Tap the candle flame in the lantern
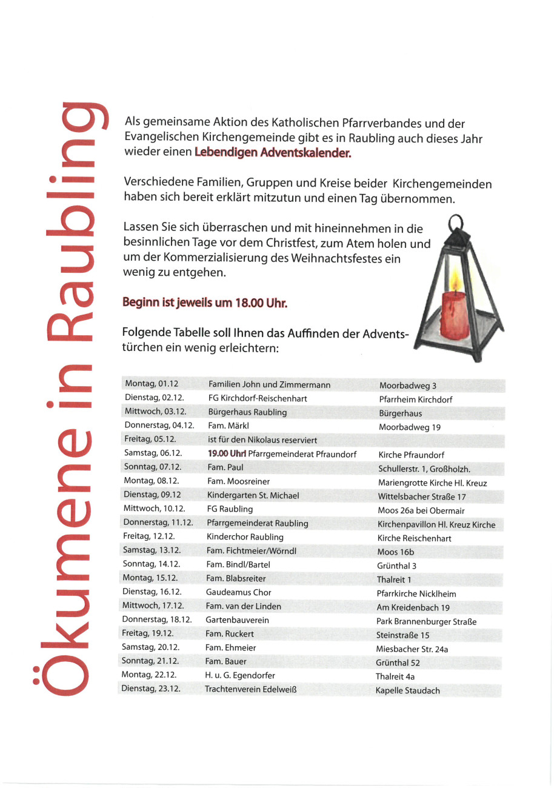pos(454,280)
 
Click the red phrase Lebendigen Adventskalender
pos(273,153)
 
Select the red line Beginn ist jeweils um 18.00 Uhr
pos(204,302)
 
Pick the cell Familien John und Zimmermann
pos(270,384)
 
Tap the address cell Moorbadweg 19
pos(410,427)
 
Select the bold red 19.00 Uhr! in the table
pos(227,453)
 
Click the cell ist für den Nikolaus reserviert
pos(262,439)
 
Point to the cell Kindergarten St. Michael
pos(253,495)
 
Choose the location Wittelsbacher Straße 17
pos(422,496)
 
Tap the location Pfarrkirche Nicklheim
pos(416,593)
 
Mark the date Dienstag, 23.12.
pos(151,689)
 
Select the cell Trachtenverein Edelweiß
pos(250,689)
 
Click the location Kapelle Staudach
pos(408,690)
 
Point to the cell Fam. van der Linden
pos(243,606)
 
